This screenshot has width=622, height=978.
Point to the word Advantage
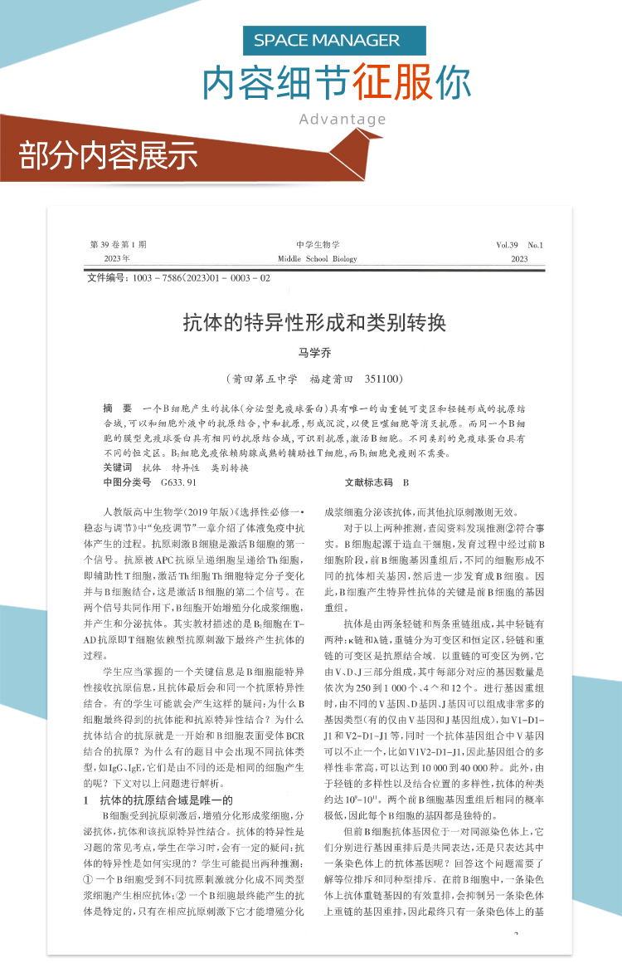tap(343, 119)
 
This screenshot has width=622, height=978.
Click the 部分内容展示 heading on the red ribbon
tap(108, 154)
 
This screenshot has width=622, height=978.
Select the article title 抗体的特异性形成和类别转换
tap(314, 322)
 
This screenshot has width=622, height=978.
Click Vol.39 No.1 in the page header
tap(518, 245)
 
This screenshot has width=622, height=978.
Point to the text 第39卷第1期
tap(118, 245)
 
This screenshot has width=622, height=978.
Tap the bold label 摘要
tap(117, 409)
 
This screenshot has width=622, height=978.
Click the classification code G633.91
tap(179, 482)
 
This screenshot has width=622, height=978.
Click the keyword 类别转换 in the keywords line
tap(230, 468)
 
